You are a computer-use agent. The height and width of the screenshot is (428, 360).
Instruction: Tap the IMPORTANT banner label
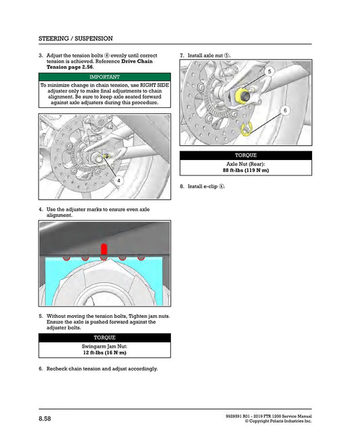104,78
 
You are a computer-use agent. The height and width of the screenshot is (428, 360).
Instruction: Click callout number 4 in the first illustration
119,182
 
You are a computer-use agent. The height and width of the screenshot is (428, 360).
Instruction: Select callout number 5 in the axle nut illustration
269,71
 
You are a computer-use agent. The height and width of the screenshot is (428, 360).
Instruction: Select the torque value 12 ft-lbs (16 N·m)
104,352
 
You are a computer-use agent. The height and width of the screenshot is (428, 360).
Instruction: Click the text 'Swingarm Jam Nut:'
104,346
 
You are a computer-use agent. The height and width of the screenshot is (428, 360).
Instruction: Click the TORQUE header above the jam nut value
104,337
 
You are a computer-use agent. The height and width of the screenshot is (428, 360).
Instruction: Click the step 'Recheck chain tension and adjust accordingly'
101,369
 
